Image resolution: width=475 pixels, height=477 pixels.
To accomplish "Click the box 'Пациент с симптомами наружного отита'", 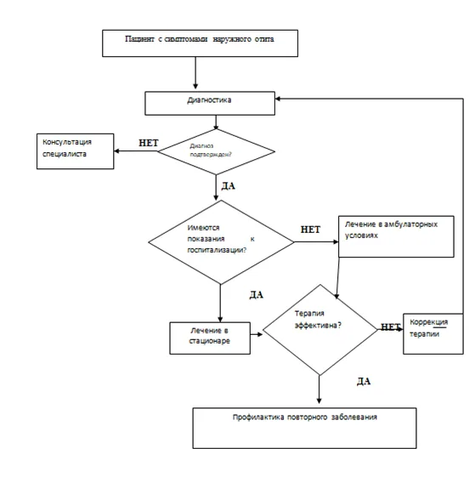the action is click(200, 43).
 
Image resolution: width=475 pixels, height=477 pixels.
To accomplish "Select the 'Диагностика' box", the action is click(210, 104).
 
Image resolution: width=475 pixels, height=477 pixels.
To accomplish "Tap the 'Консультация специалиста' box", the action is click(75, 151).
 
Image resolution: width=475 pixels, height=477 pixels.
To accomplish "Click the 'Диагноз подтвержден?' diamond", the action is click(216, 151).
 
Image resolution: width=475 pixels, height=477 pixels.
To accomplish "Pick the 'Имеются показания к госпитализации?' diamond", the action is click(221, 242).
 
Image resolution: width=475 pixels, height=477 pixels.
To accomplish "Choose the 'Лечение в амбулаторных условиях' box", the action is click(396, 236).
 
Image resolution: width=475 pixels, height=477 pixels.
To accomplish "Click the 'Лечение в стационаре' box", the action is click(210, 338).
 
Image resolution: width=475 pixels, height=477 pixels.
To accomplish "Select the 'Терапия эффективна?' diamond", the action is click(319, 330).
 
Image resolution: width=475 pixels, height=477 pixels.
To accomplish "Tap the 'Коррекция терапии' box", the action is click(433, 333).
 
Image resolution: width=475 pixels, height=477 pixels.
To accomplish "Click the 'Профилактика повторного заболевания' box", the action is click(304, 428).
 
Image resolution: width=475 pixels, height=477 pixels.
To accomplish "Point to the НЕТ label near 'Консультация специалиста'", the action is click(149, 143).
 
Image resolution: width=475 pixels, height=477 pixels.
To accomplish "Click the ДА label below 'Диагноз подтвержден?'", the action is click(228, 186).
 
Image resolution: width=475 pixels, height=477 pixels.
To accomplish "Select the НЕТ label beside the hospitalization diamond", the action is click(310, 230).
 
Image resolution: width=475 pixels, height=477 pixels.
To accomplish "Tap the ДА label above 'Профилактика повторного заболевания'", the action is click(364, 381).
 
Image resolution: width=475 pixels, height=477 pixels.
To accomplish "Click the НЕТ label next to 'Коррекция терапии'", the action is click(391, 327).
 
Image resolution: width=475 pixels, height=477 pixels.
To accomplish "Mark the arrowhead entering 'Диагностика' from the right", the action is click(277, 99).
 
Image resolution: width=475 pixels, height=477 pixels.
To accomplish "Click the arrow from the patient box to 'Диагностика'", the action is click(195, 73).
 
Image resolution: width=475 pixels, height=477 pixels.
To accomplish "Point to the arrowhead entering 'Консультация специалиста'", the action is click(116, 150).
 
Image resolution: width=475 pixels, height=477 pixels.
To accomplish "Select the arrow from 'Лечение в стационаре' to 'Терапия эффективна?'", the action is click(257, 334).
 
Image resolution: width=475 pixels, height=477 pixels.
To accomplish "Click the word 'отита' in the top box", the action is click(264, 39).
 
